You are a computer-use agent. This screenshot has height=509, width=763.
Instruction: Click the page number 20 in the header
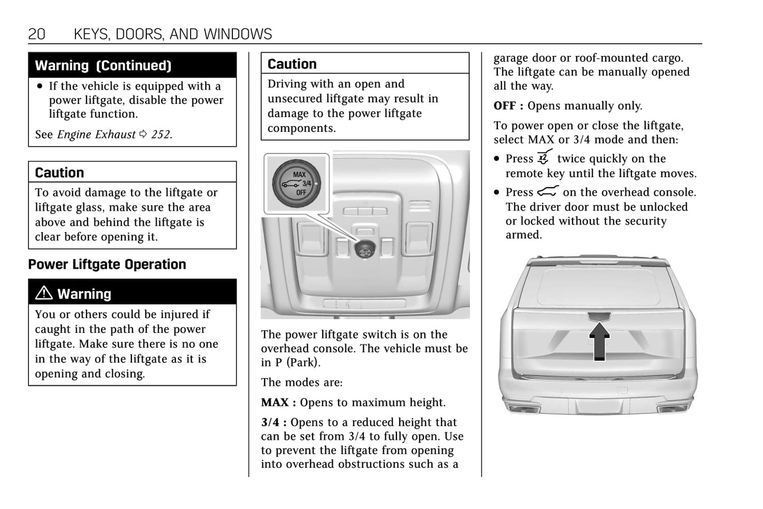(36, 34)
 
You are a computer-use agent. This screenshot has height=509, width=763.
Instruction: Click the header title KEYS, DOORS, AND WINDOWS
(173, 34)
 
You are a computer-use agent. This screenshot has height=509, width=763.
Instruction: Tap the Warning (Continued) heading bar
(132, 65)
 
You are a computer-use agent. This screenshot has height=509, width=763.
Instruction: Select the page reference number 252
(161, 135)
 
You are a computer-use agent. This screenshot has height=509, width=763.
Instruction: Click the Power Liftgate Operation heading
(107, 264)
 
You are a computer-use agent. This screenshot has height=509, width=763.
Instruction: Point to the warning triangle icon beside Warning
(44, 293)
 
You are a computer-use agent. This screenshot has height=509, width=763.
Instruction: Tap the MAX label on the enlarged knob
(299, 175)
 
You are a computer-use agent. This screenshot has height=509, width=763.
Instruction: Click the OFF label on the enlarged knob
(300, 193)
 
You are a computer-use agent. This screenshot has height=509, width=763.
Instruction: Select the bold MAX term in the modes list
(275, 402)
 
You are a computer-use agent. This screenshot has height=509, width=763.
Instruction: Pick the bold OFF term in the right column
(505, 106)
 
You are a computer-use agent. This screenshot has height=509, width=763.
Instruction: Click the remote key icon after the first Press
(544, 157)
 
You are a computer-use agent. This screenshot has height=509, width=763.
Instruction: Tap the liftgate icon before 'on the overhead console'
(548, 191)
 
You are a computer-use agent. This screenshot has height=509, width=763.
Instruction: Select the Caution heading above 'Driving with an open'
(292, 64)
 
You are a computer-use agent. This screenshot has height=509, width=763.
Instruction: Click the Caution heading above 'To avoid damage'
(59, 172)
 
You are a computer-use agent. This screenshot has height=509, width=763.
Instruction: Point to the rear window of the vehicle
(598, 286)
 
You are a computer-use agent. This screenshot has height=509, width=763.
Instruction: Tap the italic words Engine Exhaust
(96, 135)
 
